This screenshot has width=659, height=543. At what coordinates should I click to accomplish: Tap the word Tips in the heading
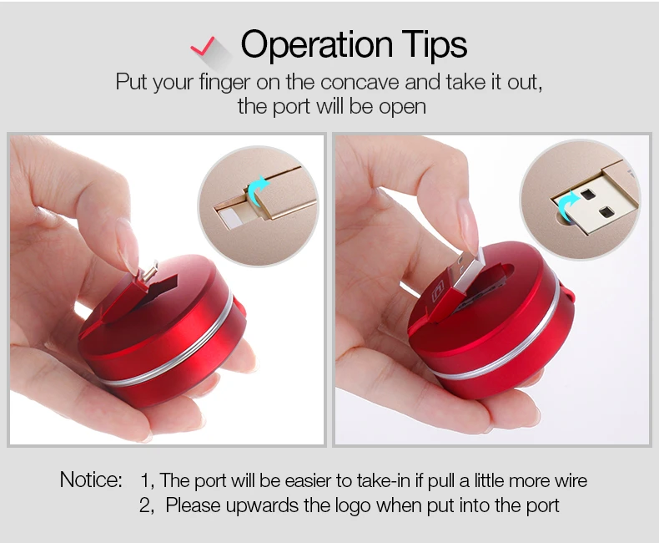tap(433, 45)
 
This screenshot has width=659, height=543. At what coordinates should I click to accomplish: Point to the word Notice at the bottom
tap(90, 480)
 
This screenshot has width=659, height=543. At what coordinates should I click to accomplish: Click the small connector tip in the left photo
tap(148, 272)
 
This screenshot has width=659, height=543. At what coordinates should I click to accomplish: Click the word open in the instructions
tap(405, 107)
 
